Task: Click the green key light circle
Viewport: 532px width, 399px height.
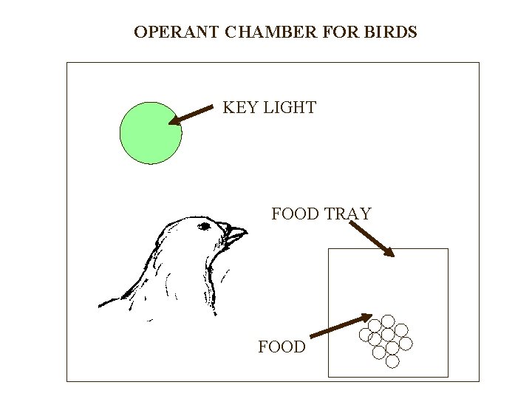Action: click(x=151, y=132)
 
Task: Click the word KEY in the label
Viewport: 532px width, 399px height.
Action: click(x=239, y=108)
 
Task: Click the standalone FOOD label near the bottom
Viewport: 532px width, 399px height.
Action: click(x=282, y=347)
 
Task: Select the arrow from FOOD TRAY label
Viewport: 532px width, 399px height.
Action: click(x=372, y=238)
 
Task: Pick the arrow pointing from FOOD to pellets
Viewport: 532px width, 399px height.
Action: click(x=341, y=327)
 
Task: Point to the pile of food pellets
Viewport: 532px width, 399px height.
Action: click(x=386, y=338)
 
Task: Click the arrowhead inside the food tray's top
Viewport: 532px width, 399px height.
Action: click(x=389, y=252)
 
